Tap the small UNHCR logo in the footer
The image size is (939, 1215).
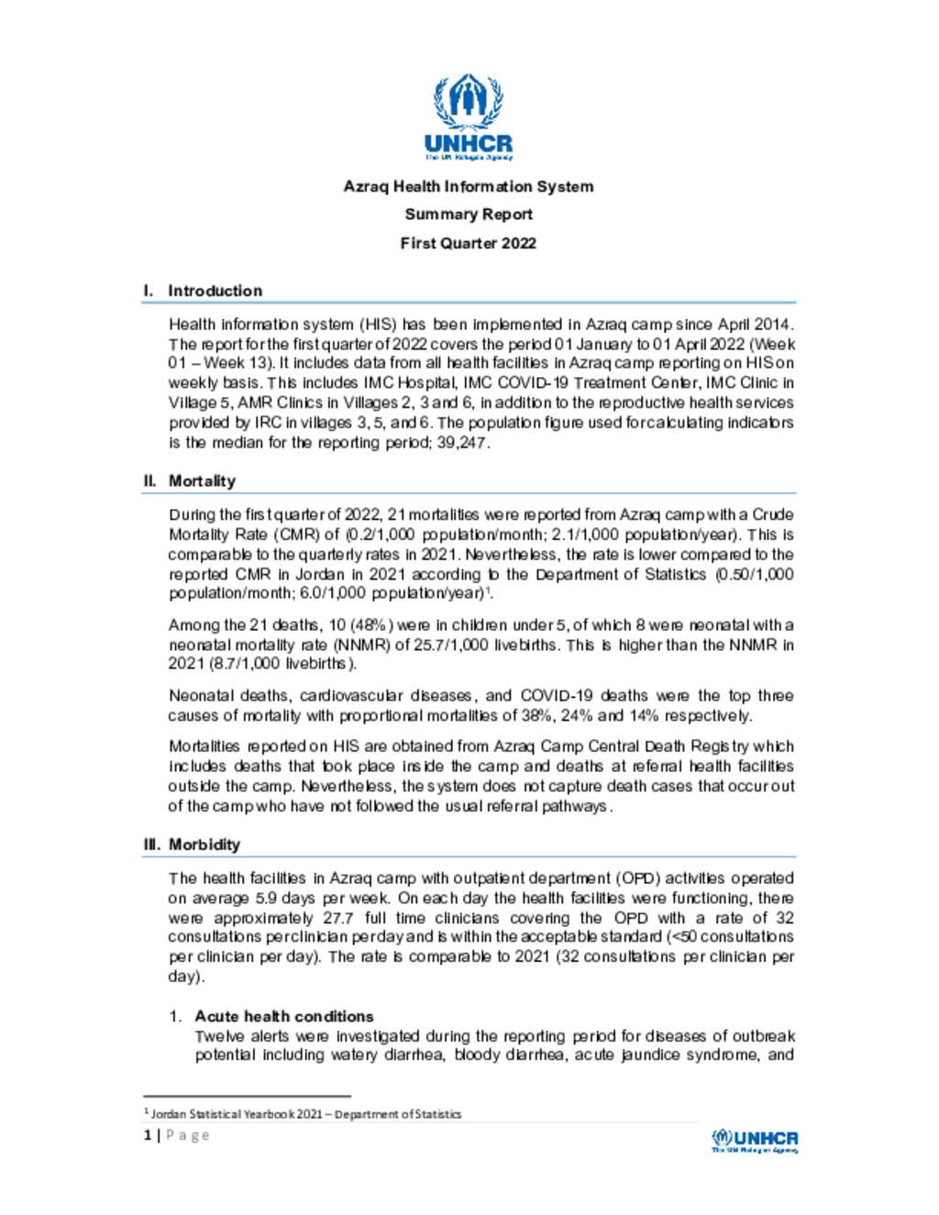(755, 1140)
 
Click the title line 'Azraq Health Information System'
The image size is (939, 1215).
(469, 186)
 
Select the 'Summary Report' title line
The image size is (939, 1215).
(469, 215)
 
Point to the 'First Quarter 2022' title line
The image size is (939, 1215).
(469, 243)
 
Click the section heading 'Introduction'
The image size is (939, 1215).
(215, 291)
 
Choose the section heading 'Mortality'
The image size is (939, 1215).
(202, 480)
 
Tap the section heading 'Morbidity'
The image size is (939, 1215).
(204, 845)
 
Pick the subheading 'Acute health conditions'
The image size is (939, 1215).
(284, 1016)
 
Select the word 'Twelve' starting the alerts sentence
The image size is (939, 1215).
(219, 1036)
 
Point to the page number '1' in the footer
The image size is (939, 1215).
(148, 1135)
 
